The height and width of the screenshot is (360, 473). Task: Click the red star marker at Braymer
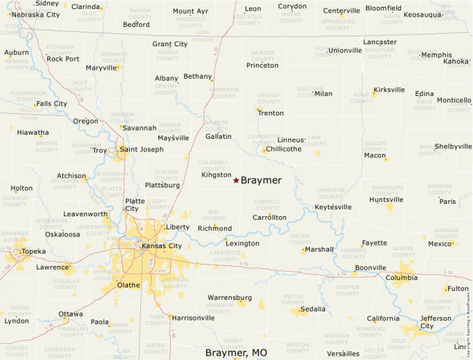(236, 180)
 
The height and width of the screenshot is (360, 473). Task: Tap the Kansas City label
(161, 246)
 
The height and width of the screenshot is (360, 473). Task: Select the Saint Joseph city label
(142, 149)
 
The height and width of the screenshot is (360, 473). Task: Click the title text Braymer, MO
(236, 352)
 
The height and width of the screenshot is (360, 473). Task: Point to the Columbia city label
(402, 278)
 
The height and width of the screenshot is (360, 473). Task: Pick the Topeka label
(33, 252)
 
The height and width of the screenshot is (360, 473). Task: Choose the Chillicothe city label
(284, 149)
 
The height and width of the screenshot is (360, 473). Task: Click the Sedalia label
(313, 309)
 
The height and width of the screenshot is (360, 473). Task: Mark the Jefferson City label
(436, 322)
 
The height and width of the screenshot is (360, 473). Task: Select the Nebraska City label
(36, 15)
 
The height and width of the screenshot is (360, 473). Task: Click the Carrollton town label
(269, 217)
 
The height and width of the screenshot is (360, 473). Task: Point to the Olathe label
(128, 285)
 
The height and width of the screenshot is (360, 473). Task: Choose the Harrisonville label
(193, 318)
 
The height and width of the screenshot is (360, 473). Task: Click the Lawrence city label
(53, 267)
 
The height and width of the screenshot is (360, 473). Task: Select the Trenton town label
(270, 113)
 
